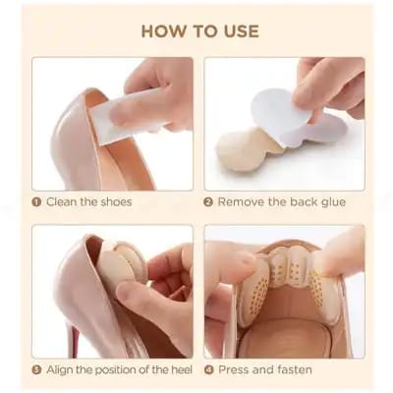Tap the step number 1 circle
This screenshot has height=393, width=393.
click(36, 202)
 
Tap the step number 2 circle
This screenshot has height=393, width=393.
click(208, 202)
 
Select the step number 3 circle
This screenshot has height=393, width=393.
click(36, 370)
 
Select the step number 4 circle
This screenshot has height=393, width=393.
click(208, 370)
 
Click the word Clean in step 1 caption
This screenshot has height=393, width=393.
click(62, 202)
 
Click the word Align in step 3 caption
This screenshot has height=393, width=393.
click(61, 370)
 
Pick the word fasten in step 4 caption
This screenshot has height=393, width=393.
click(292, 370)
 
